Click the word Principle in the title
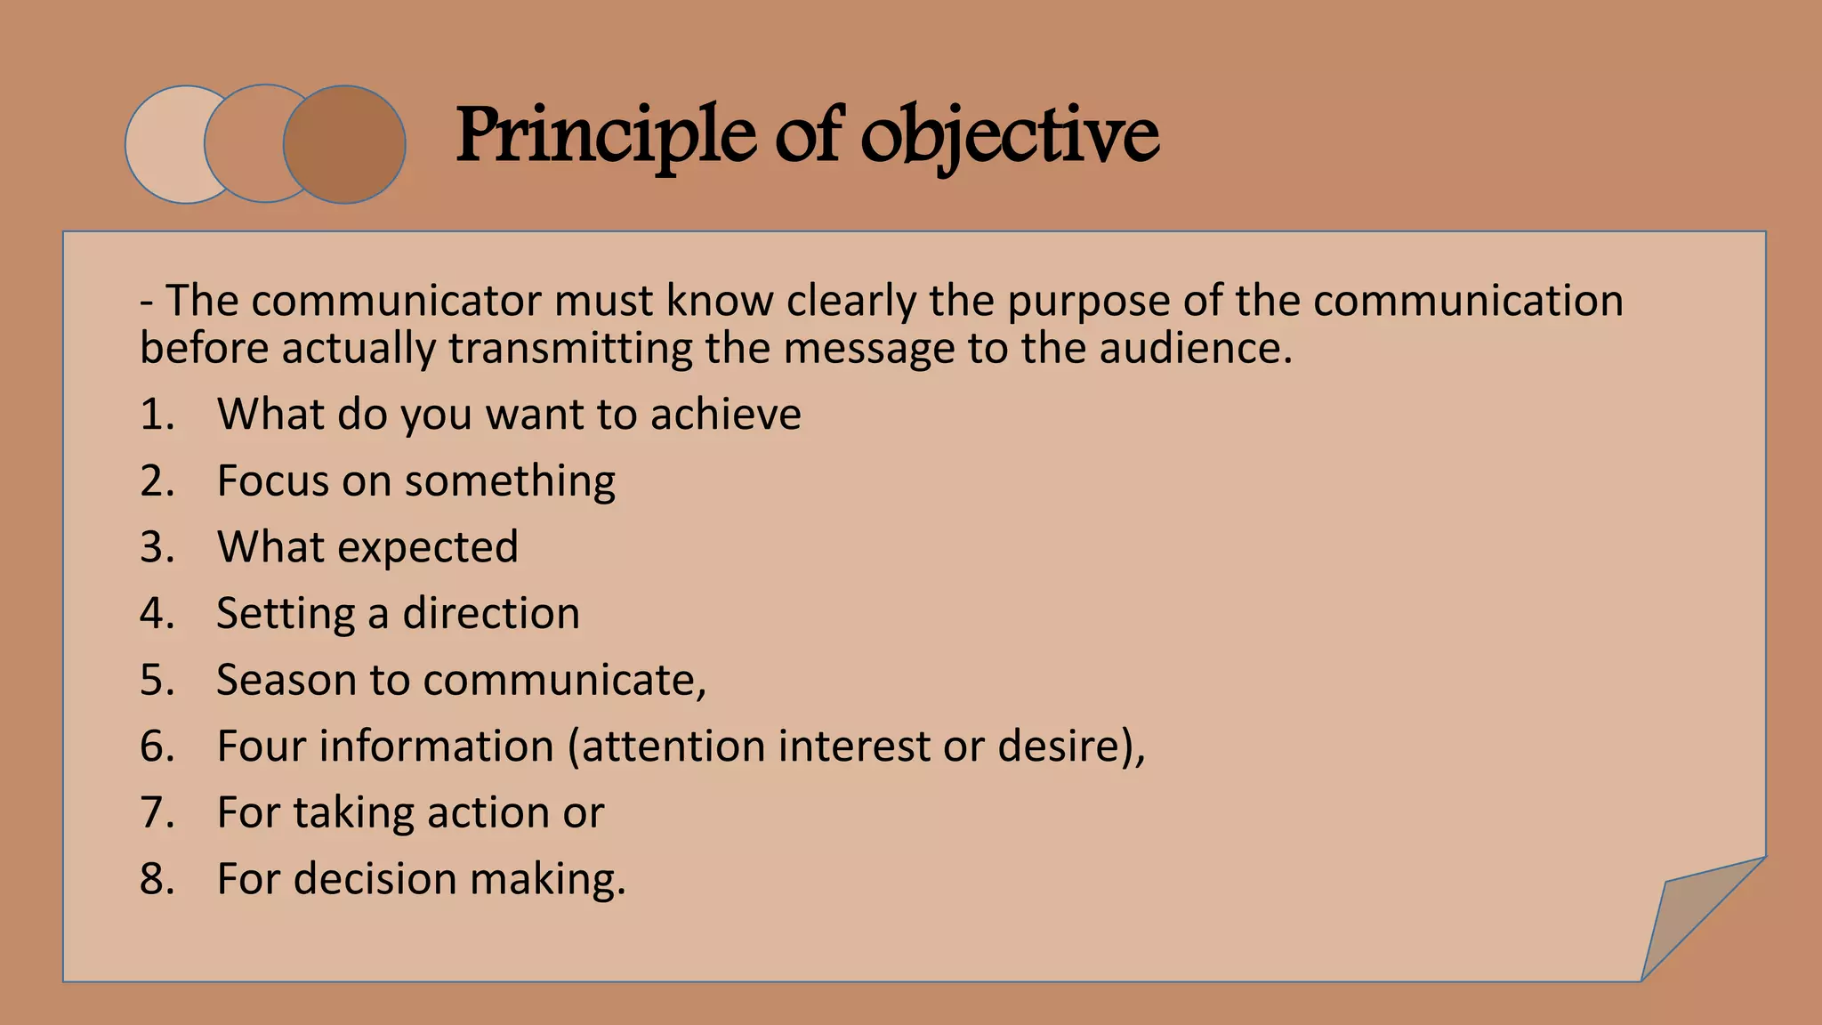tap(606, 135)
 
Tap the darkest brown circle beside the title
tap(345, 144)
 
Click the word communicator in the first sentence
tap(397, 301)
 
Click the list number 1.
tap(157, 415)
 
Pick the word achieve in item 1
tap(725, 415)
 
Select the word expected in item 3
tap(428, 547)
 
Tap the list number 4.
tap(157, 614)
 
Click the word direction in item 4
tap(491, 614)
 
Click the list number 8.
tap(157, 879)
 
